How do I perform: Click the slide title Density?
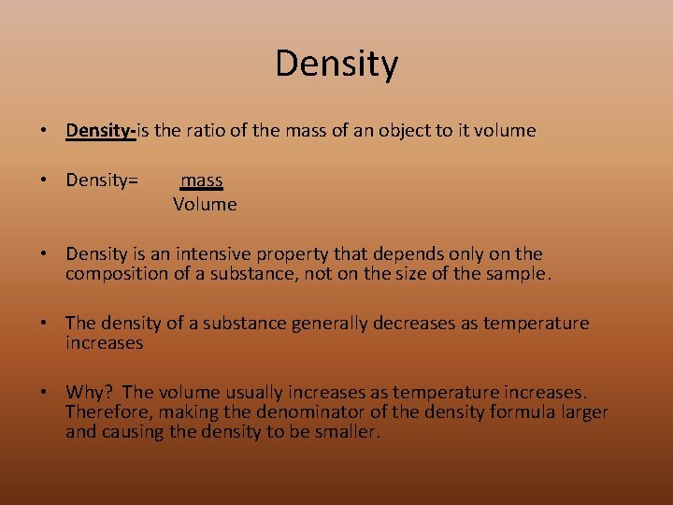coord(336,64)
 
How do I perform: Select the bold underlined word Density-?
coord(101,131)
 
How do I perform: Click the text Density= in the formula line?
coord(102,180)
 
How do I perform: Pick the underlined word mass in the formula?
coord(202,180)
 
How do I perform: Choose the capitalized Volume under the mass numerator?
coord(205,204)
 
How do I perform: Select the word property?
coord(303,254)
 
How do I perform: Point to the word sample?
coord(521,274)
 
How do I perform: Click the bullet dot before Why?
coord(44,393)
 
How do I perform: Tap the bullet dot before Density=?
coord(44,180)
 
